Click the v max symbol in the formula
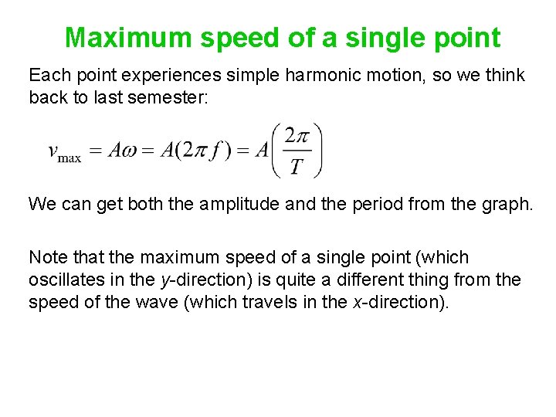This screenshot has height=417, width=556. click(x=65, y=151)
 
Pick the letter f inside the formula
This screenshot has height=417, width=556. click(x=219, y=151)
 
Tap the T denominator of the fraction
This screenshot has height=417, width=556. click(x=297, y=166)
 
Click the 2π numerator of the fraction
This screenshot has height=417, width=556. click(x=297, y=136)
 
